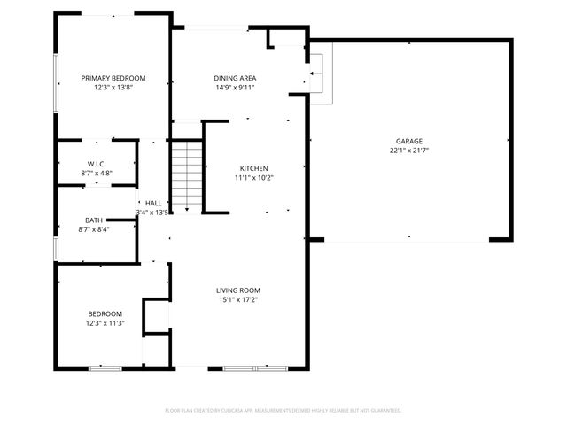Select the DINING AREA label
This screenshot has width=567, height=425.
point(235,78)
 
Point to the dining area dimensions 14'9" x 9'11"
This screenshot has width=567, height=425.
point(235,88)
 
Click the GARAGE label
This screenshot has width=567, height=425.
point(408,141)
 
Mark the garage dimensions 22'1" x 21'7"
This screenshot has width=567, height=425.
point(408,151)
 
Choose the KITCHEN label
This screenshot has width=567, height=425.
point(253,168)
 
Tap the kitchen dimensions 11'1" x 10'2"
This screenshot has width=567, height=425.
point(253,178)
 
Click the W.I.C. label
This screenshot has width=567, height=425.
point(97,164)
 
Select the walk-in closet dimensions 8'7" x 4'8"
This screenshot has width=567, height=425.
point(97,174)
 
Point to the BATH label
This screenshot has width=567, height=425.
point(93,220)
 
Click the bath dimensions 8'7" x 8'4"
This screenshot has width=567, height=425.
point(93,229)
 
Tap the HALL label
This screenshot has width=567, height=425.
point(153,203)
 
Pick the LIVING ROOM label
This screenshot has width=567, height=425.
point(238,290)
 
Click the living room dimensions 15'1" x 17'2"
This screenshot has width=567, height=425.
point(238,300)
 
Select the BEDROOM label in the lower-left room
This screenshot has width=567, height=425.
point(105,314)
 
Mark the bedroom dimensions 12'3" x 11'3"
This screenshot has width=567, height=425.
point(105,324)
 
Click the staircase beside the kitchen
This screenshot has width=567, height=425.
point(187,176)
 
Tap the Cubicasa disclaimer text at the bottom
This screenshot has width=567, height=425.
point(283,410)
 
